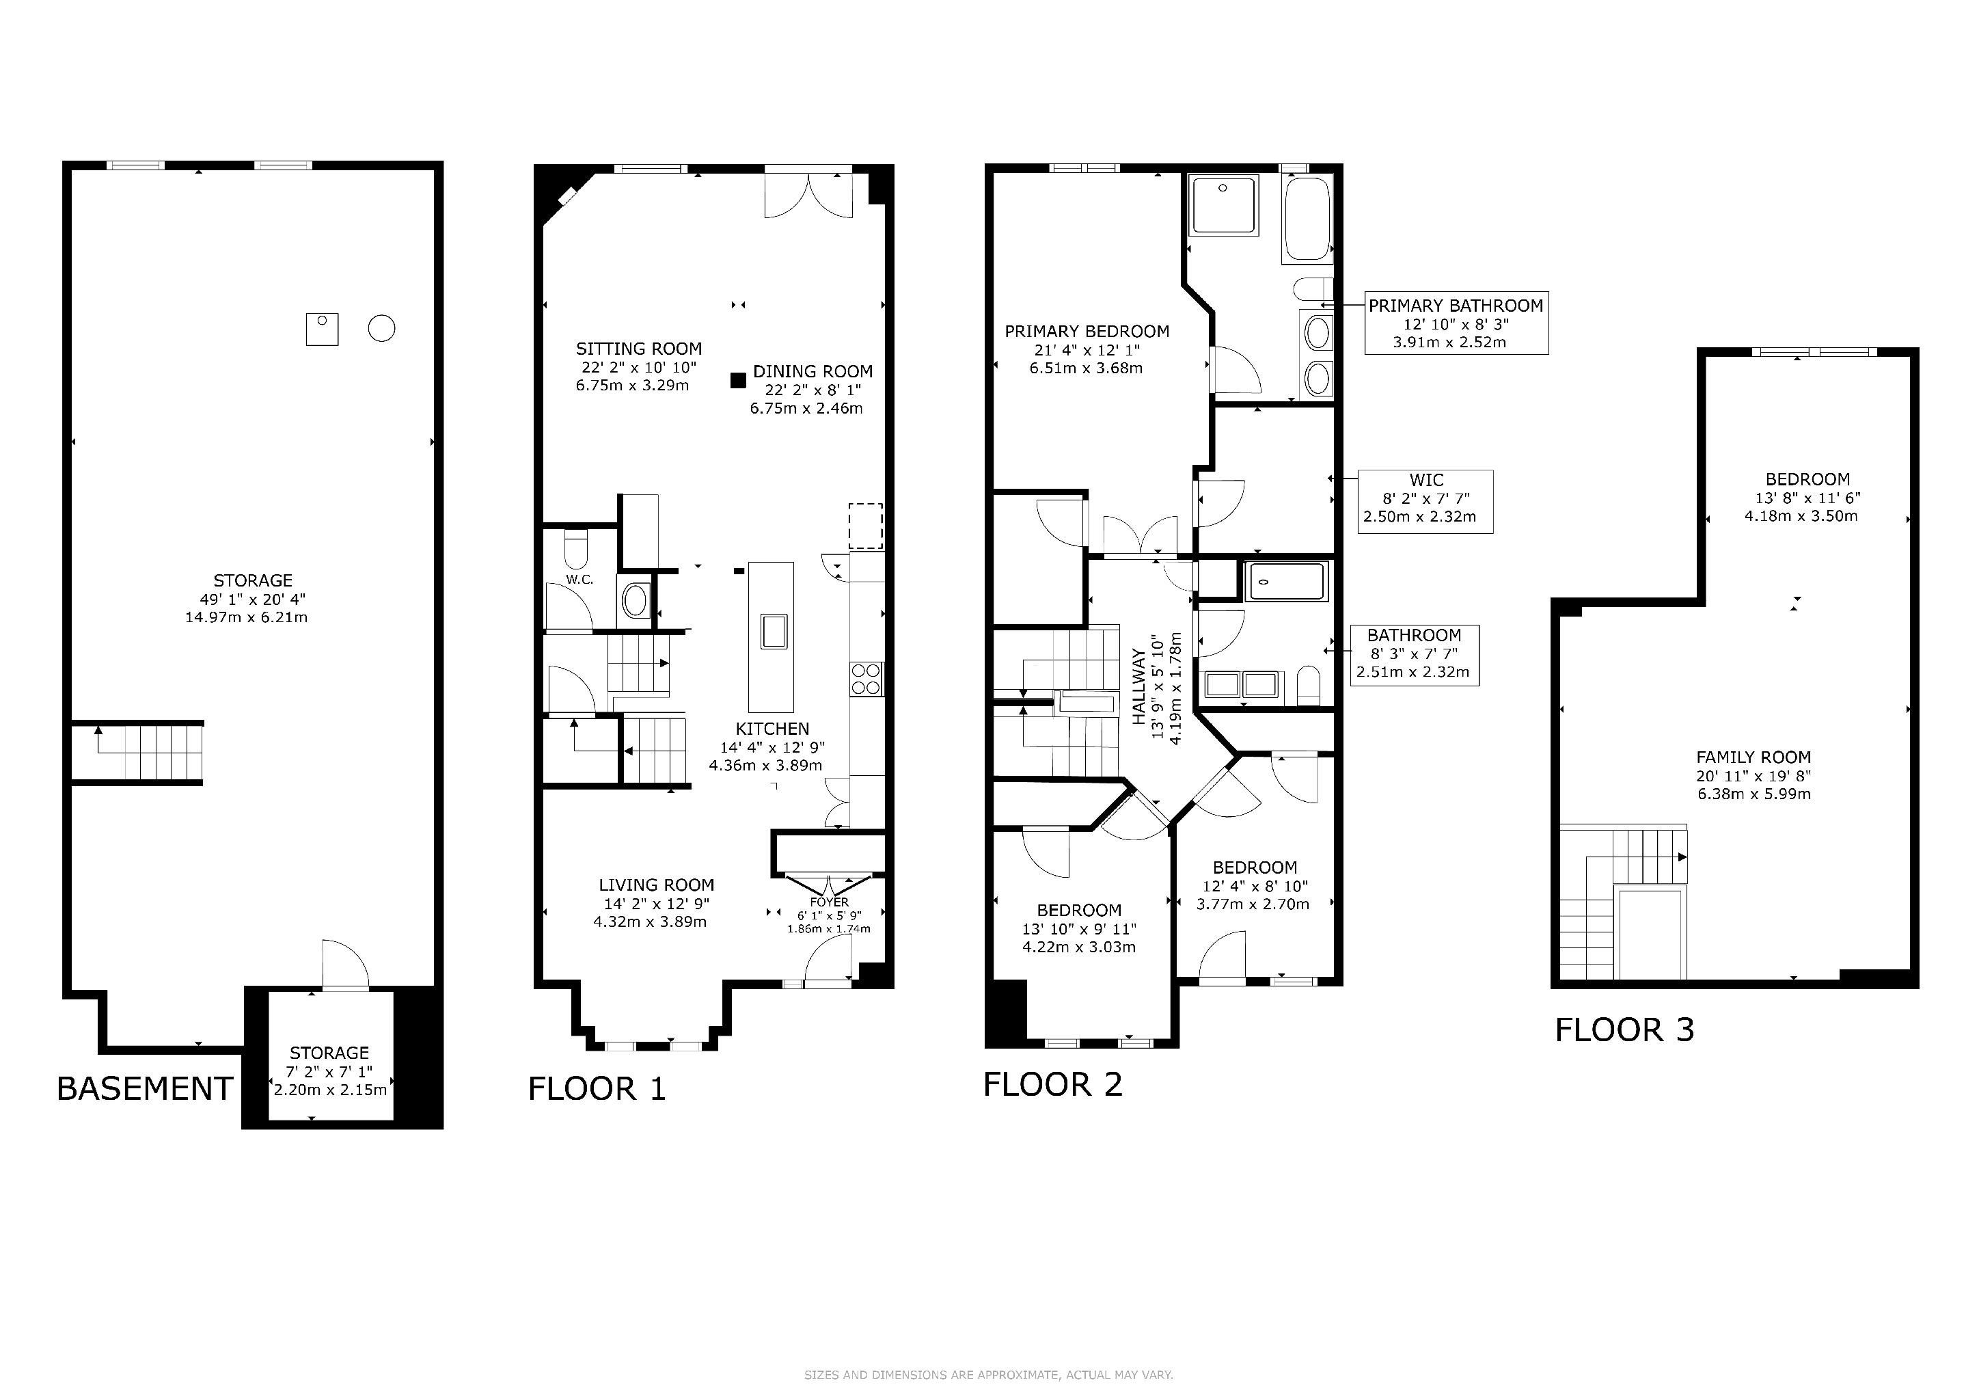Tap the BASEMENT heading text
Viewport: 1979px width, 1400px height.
coord(145,1089)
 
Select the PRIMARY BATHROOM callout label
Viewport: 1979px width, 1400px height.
coord(1456,323)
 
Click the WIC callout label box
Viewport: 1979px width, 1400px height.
coord(1425,502)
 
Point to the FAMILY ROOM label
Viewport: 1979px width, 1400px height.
coord(1753,757)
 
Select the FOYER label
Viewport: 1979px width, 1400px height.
coord(829,902)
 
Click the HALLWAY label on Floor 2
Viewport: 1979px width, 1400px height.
coord(1138,687)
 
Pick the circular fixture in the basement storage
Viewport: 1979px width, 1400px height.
coord(382,328)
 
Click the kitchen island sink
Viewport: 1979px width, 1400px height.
coord(772,631)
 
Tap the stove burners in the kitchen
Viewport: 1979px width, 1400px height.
coord(866,678)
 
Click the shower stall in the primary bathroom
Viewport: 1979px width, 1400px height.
coord(1223,205)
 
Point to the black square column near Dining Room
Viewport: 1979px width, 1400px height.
coord(738,380)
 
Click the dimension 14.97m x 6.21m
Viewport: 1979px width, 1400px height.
coord(247,618)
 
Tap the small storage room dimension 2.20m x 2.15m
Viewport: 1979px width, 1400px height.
coord(330,1090)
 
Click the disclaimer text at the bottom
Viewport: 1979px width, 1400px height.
coord(989,1375)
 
